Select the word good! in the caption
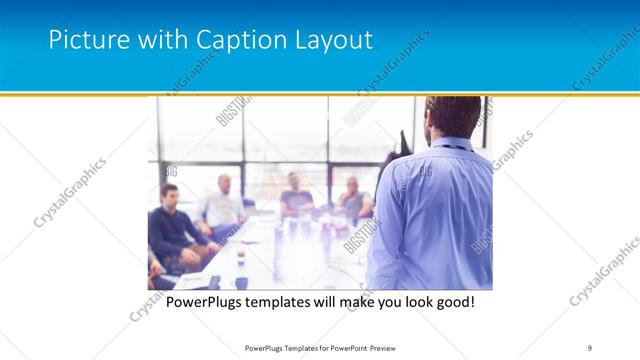[448, 300]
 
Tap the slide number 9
[590, 347]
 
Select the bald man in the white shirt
[222, 205]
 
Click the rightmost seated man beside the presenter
[353, 200]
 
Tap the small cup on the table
[241, 259]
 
